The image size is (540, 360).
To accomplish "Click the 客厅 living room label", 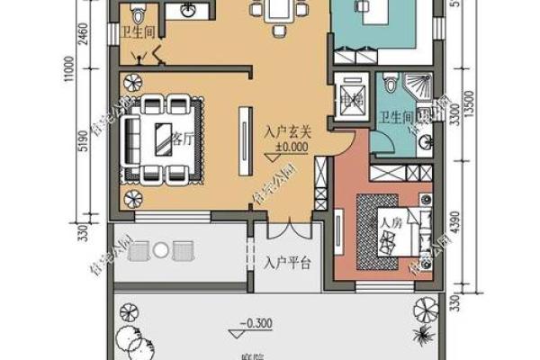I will pos(183,140).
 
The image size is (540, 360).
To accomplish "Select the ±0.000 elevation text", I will pos(287,147).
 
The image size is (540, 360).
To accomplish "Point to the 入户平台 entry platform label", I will pos(287,264).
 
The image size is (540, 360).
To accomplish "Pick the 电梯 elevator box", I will pos(349,94).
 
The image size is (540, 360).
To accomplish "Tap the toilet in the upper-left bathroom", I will pos(137,17).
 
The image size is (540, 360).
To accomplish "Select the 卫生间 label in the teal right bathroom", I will pos(397,118).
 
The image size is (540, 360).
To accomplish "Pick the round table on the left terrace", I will pos(163,247).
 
